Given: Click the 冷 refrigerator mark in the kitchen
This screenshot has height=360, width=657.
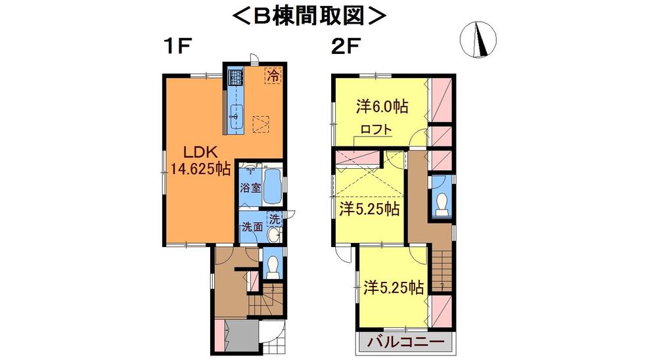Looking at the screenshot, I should point(272,75).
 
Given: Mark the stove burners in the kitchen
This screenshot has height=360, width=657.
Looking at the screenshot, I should point(235,79).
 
